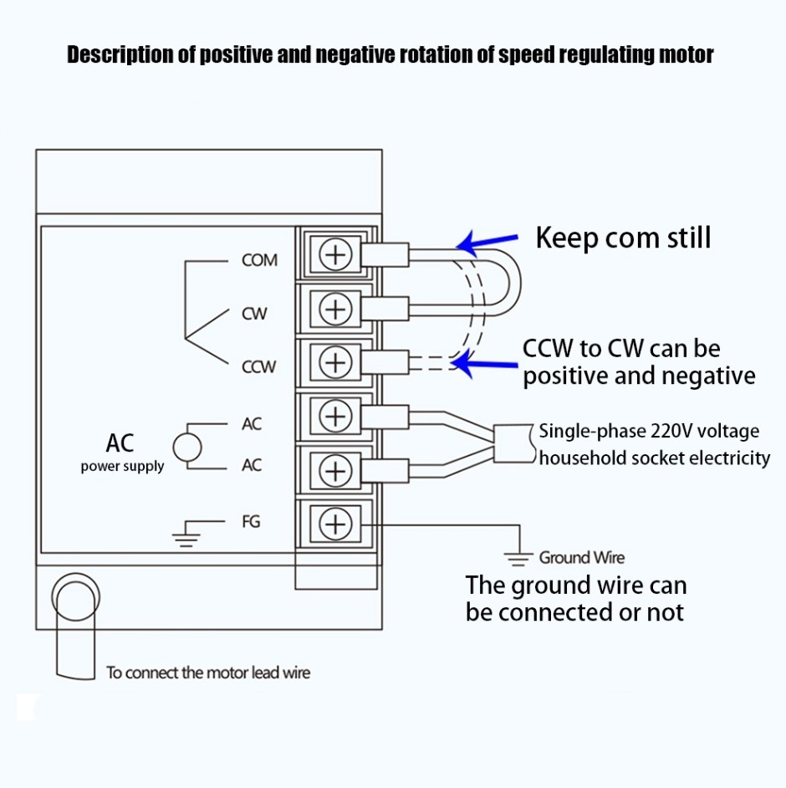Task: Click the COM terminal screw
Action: pos(335,255)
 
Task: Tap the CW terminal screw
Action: pos(335,310)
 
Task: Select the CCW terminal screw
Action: pos(335,363)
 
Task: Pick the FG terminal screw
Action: pos(335,524)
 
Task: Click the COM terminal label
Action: pos(259,260)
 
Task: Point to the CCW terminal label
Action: pos(258,366)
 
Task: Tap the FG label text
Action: pos(251,521)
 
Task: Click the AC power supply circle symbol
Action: pos(187,447)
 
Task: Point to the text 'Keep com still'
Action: pos(623,238)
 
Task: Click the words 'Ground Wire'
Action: pos(581,557)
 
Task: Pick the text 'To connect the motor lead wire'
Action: pos(208,672)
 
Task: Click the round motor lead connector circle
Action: pos(76,596)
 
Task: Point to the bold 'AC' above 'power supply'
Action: pos(120,443)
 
